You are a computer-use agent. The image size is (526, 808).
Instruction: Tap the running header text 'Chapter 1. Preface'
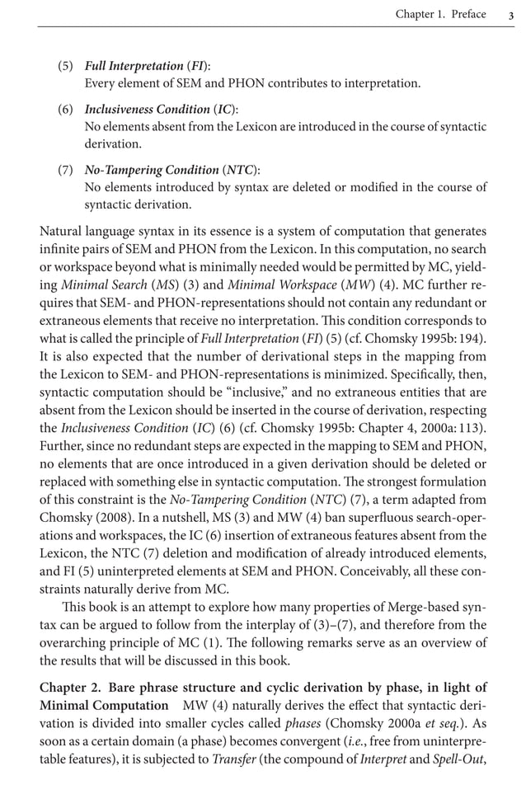pyautogui.click(x=440, y=14)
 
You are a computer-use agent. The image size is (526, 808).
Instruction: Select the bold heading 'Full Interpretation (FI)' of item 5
pyautogui.click(x=148, y=66)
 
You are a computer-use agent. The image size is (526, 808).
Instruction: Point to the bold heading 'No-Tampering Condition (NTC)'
pyautogui.click(x=172, y=170)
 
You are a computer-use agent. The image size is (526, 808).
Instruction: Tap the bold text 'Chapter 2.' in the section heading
pyautogui.click(x=70, y=688)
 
